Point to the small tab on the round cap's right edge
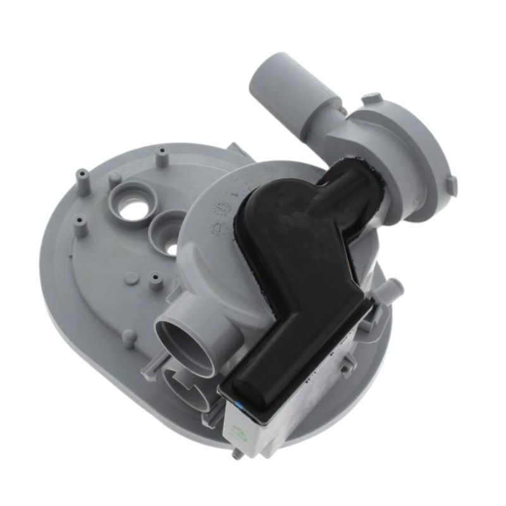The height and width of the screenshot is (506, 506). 450,184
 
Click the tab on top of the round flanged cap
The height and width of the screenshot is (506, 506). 373,99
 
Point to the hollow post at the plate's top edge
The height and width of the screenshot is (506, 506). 163,153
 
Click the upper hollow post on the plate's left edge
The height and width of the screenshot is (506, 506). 82,175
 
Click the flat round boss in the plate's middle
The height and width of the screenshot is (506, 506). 131,279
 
